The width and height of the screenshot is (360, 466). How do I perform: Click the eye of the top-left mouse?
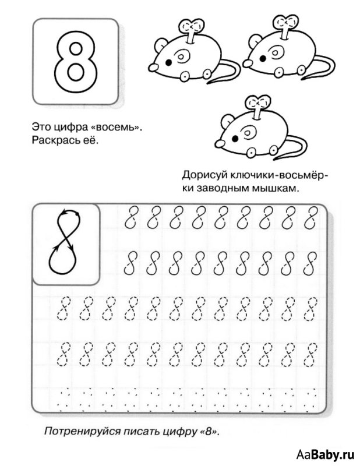click(169, 60)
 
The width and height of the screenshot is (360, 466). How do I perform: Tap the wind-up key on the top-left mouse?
click(191, 29)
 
